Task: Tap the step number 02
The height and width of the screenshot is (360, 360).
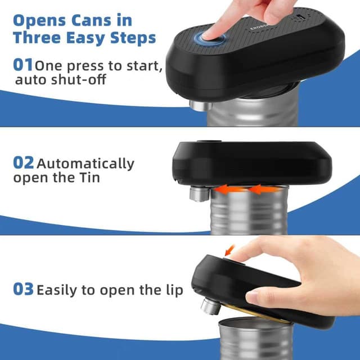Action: [x=24, y=163]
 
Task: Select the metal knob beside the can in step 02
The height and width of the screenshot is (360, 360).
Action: [x=197, y=194]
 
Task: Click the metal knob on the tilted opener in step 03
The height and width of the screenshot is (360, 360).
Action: [x=209, y=307]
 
